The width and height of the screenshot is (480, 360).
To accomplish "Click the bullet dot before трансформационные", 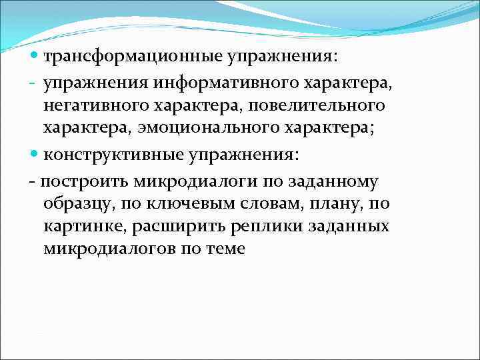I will (x=35, y=57).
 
